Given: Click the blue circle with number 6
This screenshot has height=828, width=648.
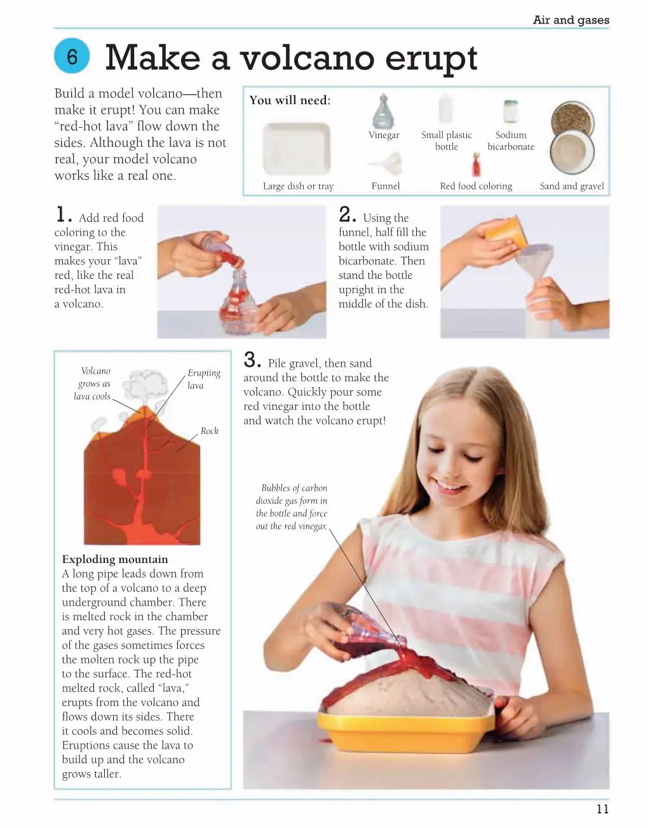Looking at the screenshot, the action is click(72, 56).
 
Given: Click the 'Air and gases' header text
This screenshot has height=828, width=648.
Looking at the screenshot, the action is click(570, 20).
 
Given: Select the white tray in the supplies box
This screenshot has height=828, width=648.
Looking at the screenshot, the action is click(297, 149).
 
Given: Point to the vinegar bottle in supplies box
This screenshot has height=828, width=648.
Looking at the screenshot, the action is click(384, 111).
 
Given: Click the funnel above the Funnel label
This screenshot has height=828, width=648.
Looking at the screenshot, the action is click(386, 163).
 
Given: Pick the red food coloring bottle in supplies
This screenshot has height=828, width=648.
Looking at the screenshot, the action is click(476, 164).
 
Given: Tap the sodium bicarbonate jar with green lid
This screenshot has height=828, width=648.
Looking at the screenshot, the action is click(510, 111).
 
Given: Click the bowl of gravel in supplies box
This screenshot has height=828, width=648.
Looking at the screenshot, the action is click(572, 119).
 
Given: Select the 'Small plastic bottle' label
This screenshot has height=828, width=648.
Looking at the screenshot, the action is click(446, 140).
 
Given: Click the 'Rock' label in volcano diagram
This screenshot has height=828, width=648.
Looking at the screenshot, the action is click(210, 431).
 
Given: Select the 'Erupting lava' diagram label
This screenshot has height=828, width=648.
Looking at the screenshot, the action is click(203, 379).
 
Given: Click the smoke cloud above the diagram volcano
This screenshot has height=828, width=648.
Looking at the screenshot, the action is click(145, 384).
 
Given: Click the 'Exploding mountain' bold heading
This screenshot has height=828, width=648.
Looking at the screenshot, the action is click(114, 559).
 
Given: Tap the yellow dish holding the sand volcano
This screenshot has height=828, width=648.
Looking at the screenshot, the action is click(406, 738).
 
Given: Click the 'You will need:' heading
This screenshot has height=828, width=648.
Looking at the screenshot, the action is click(290, 100).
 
